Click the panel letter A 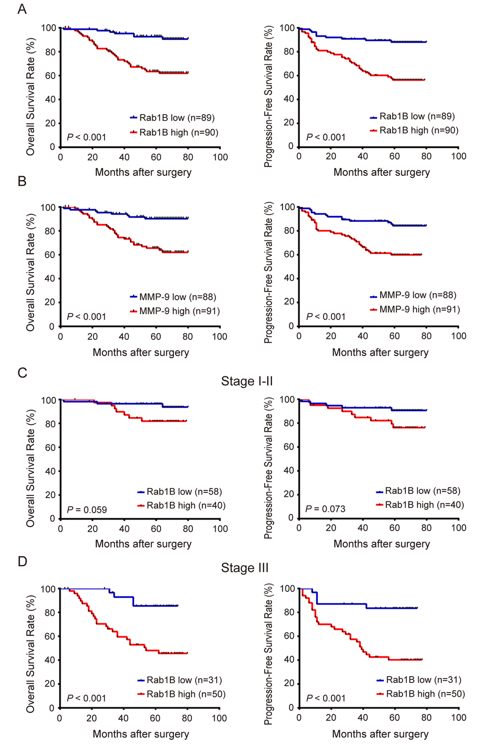coord(22,9)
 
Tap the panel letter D coord(22,562)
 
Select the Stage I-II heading coord(246,381)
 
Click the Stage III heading coord(245,568)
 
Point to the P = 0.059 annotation coord(87,509)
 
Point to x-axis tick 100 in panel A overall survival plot coord(220,157)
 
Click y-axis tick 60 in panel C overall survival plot coord(50,447)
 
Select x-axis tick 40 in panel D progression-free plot coord(363,718)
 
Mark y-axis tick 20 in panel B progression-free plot coord(288,302)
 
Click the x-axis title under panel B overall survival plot coord(141,352)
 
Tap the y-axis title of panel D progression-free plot coord(269,654)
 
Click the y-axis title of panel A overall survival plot coord(30,91)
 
